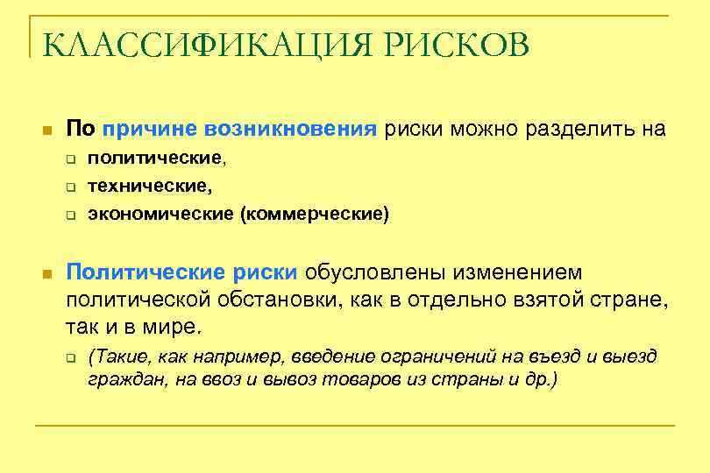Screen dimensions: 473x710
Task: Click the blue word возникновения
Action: click(291, 130)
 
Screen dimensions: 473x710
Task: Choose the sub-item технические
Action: click(149, 187)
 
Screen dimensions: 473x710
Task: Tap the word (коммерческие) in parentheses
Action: click(314, 214)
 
